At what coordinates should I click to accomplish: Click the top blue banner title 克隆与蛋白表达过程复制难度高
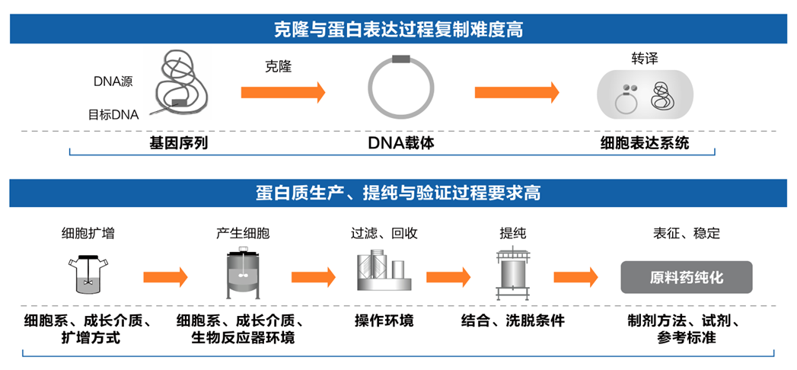398,30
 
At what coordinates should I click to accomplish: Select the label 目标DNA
113,115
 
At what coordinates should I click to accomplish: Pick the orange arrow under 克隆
282,93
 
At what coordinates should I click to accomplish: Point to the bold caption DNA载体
400,142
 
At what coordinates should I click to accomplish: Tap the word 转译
644,59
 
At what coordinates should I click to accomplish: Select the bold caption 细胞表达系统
644,142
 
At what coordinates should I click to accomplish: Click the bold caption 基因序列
178,142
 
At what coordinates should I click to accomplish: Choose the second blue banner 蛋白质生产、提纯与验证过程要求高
398,193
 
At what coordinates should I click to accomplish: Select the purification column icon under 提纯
512,275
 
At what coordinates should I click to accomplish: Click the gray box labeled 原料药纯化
687,278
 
